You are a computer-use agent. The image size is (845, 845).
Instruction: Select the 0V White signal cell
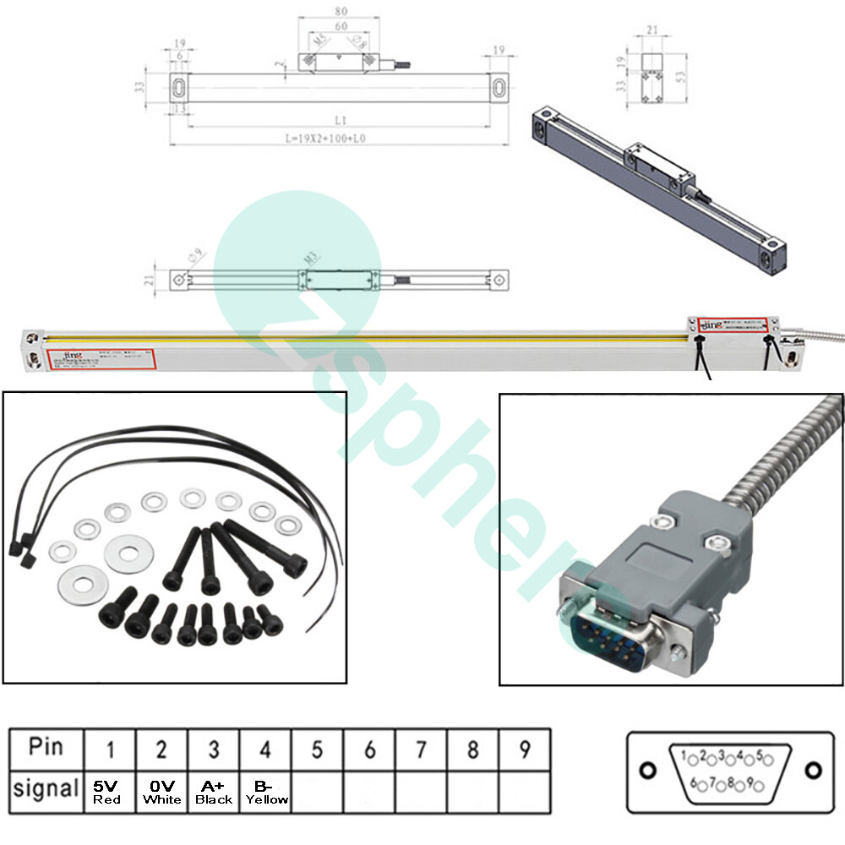tap(161, 791)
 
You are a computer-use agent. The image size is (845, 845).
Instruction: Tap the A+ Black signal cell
tap(214, 791)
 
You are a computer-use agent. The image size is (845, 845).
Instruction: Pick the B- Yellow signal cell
tap(265, 791)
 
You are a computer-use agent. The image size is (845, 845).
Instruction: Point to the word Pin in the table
tap(46, 748)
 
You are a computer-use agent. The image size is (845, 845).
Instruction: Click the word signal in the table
tap(46, 790)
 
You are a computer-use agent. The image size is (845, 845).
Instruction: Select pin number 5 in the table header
tap(317, 750)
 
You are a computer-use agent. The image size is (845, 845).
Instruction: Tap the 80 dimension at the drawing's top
tap(340, 13)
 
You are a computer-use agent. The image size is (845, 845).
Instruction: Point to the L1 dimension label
tap(340, 121)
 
